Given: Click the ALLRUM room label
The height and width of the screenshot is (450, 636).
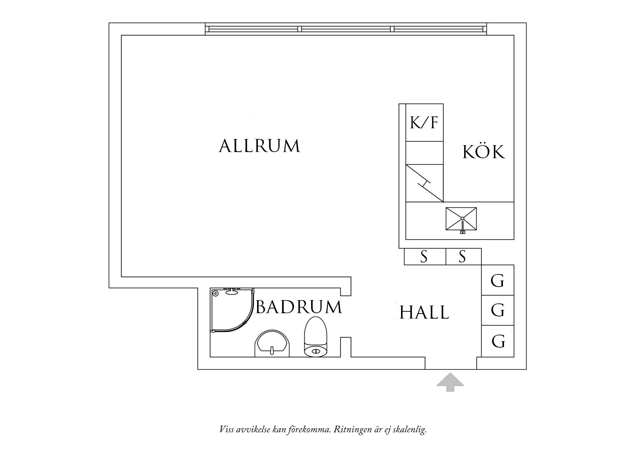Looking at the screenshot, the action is tap(260, 146).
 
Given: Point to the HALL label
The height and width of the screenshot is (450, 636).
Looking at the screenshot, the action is tap(424, 312).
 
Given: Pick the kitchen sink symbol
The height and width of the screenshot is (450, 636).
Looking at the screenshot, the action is tap(461, 220).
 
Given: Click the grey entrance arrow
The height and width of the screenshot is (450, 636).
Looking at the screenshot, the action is tap(450, 382).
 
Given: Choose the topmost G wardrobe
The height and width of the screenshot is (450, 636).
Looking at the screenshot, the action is tap(497, 280).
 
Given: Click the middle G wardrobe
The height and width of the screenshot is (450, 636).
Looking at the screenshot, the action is tap(497, 310).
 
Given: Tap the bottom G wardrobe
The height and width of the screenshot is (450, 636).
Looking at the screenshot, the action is tap(497, 341).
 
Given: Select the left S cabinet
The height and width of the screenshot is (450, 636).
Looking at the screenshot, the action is tap(425, 257).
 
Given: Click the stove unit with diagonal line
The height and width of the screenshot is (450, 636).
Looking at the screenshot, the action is tap(425, 183).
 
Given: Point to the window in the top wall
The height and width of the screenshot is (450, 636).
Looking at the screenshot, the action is tap(346, 29).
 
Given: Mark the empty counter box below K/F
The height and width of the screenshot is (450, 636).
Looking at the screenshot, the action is tap(425, 153).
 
